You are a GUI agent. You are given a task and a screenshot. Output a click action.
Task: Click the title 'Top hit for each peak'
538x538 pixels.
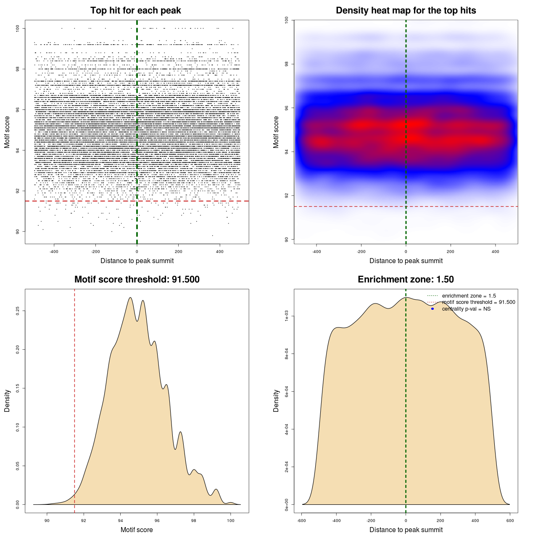click(x=135, y=11)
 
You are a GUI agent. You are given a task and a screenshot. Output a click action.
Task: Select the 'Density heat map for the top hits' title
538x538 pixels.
click(x=406, y=11)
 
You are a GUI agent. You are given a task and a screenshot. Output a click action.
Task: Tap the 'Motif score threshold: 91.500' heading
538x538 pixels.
click(x=137, y=280)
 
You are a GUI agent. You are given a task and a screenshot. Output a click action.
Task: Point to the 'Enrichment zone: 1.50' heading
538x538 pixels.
click(x=406, y=280)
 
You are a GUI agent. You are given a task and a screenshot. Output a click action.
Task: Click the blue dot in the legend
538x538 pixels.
click(x=433, y=309)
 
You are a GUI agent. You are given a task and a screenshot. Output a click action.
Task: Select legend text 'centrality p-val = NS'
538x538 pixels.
click(x=466, y=309)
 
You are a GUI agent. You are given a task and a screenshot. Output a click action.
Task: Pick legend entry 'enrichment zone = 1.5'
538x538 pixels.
click(x=469, y=296)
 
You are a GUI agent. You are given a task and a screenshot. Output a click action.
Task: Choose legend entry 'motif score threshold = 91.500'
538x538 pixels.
click(x=478, y=302)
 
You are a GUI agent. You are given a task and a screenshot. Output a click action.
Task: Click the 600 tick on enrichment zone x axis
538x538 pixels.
click(x=510, y=521)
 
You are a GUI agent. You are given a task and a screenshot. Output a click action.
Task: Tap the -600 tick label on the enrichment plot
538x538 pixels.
click(x=301, y=521)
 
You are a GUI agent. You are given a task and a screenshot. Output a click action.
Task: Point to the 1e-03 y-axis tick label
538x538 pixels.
click(x=287, y=316)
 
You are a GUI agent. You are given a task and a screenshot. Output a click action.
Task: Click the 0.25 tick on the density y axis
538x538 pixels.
click(x=18, y=311)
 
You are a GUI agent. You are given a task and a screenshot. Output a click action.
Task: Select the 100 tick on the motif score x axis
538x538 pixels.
click(x=230, y=521)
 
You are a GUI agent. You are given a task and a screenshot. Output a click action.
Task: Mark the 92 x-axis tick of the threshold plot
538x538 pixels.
click(x=84, y=521)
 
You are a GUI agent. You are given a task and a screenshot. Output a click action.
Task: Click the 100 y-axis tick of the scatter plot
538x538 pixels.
click(x=18, y=28)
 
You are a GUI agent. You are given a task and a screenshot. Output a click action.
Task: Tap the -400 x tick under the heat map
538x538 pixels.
click(x=316, y=252)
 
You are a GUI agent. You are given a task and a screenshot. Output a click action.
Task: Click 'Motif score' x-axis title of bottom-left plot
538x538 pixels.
click(x=137, y=530)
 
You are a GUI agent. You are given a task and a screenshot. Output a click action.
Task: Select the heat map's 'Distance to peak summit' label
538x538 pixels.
click(x=406, y=261)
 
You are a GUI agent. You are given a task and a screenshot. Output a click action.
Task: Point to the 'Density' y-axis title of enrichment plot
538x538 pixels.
click(x=276, y=401)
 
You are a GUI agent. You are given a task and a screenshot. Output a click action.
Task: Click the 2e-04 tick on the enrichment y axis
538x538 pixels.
click(x=287, y=467)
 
